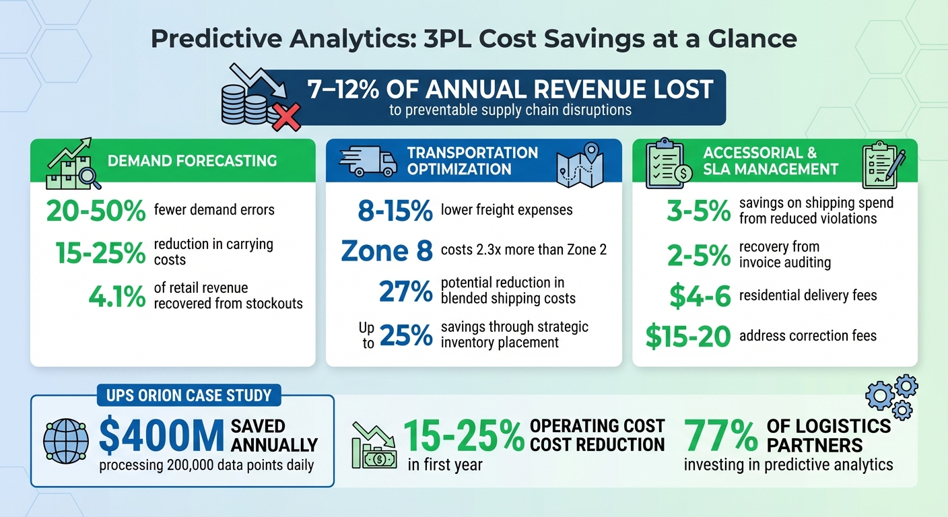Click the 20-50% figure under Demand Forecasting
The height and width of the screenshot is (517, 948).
pyautogui.click(x=96, y=211)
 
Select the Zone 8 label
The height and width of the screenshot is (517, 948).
pyautogui.click(x=386, y=250)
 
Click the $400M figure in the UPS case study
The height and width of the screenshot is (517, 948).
pyautogui.click(x=161, y=436)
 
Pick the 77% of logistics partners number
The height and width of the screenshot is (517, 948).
pyautogui.click(x=721, y=436)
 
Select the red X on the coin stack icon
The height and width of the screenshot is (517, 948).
pyautogui.click(x=285, y=118)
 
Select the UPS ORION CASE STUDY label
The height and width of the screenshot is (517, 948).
pyautogui.click(x=189, y=395)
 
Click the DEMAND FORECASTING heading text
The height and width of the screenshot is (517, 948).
pyautogui.click(x=192, y=161)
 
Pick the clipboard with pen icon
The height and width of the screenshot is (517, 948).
pyautogui.click(x=883, y=164)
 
